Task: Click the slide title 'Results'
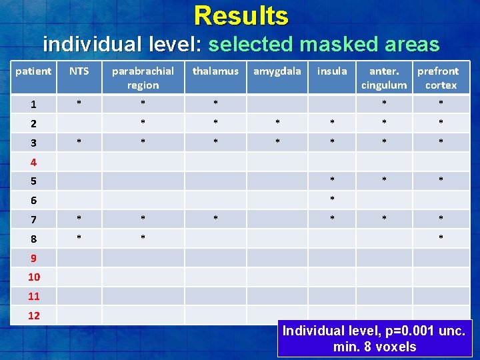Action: coord(241,15)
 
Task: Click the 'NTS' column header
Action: coord(79,71)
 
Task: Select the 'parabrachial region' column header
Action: coord(143,78)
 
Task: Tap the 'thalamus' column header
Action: coord(215,71)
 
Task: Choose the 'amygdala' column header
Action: coord(277,71)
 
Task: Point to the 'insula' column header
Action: coord(332,71)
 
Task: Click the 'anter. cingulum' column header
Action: coord(383,78)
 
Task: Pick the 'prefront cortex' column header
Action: coord(438,78)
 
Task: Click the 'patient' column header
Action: coord(33,71)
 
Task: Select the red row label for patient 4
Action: coord(33,162)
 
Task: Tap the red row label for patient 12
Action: coord(34,315)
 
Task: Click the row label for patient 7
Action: coord(33,219)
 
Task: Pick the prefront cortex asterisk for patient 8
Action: coord(441,238)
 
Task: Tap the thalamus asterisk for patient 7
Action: coord(215,219)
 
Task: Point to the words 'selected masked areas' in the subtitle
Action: coord(323,45)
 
